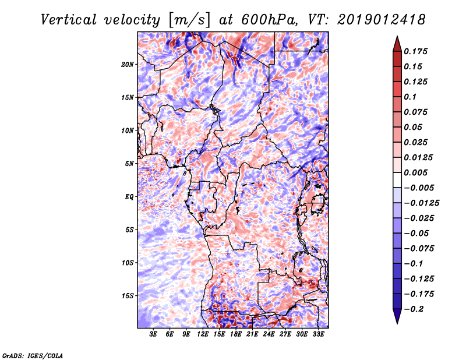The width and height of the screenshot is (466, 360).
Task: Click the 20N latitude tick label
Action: (128, 65)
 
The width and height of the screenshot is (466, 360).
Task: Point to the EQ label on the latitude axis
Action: (129, 197)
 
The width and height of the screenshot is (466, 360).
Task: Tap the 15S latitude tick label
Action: (128, 296)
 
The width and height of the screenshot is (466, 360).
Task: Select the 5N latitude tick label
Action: (129, 164)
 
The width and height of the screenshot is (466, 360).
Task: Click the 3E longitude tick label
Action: (153, 334)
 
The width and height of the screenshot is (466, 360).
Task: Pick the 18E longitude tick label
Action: (236, 334)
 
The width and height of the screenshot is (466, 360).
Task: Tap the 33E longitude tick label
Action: (318, 334)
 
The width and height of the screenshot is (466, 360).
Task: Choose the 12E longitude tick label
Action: (203, 334)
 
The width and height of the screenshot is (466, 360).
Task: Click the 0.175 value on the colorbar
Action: (415, 51)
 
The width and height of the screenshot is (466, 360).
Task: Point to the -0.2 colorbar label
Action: (414, 309)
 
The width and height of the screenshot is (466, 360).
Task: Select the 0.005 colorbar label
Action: (415, 172)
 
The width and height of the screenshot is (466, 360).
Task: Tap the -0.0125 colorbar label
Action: (421, 203)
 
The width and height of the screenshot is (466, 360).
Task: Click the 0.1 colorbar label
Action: (410, 97)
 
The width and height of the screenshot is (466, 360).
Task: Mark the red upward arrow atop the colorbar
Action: (397, 44)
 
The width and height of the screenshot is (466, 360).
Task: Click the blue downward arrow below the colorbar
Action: (397, 316)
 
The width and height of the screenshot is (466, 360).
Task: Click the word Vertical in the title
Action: (69, 20)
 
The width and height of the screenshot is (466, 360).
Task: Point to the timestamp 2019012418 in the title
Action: (382, 20)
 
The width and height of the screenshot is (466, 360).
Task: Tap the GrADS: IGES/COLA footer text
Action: (33, 355)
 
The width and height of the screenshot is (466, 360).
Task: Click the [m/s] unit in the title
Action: (189, 20)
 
